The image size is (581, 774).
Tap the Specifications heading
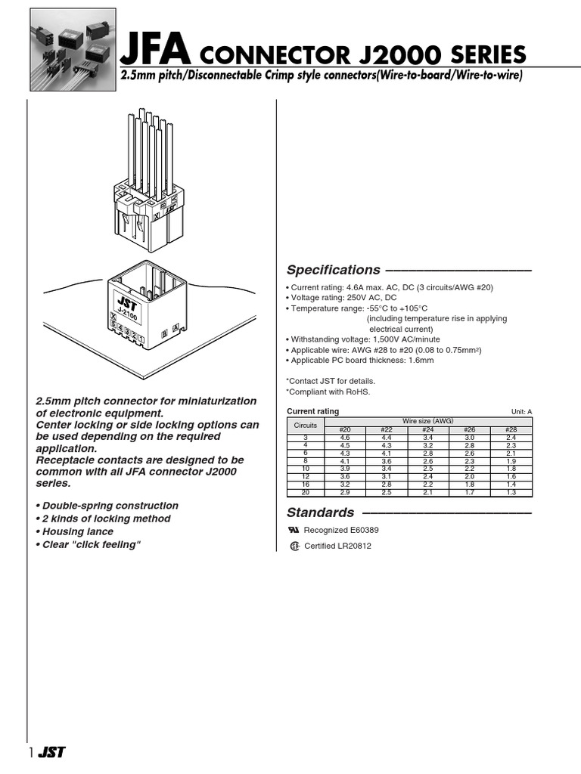tap(333, 270)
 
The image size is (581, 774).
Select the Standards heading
tap(320, 512)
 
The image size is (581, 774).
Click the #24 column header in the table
tap(428, 431)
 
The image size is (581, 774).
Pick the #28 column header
tap(511, 431)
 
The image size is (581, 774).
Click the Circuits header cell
tap(306, 426)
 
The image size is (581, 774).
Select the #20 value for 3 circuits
tap(345, 438)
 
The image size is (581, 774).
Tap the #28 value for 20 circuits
tap(511, 492)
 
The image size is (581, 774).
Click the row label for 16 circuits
tap(306, 485)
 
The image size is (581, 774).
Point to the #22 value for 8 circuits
tap(387, 461)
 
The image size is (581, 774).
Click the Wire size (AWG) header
tap(428, 421)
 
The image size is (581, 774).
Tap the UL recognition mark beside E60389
tap(294, 531)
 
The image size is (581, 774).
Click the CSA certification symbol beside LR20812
tap(295, 546)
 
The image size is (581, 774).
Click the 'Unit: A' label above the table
tap(521, 412)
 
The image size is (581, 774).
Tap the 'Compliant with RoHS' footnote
tap(328, 392)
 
